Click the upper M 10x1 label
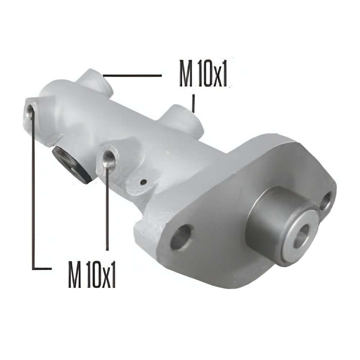pos(203,73)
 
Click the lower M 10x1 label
pos(91,274)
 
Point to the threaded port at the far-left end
pos(30,111)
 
